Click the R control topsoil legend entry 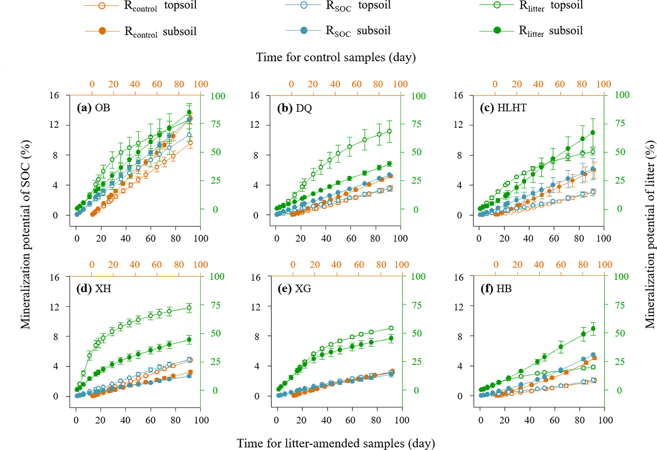click(x=141, y=6)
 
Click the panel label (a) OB click(x=93, y=108)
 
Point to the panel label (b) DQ click(x=294, y=108)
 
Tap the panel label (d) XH click(x=93, y=289)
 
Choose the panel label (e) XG click(x=294, y=289)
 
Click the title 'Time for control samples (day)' click(x=336, y=57)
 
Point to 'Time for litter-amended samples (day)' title click(x=336, y=443)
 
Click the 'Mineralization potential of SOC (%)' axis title click(x=25, y=234)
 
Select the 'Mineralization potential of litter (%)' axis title click(x=650, y=234)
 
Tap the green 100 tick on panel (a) click(x=218, y=96)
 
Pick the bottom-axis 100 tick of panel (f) click(x=606, y=420)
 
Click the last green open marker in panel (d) click(x=189, y=308)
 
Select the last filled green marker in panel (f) click(x=594, y=328)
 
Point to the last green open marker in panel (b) click(x=390, y=131)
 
